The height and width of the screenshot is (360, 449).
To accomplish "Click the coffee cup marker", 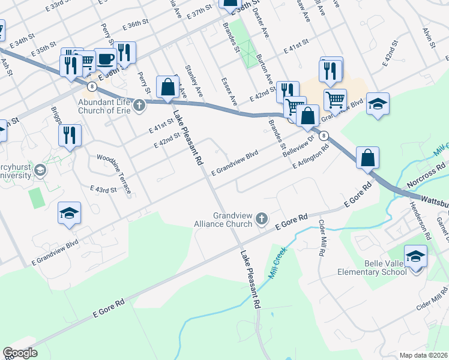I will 106,60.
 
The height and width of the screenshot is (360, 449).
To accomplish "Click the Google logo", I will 20,353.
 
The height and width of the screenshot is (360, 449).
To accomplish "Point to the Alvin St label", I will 428,33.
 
